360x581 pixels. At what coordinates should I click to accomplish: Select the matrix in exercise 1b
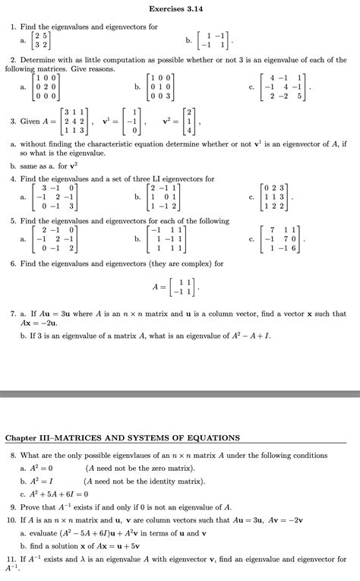(222, 39)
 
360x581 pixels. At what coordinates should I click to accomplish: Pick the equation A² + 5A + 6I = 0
(55, 491)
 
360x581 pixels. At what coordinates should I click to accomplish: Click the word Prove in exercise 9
(32, 505)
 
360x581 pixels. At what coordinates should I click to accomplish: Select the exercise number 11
(11, 559)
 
